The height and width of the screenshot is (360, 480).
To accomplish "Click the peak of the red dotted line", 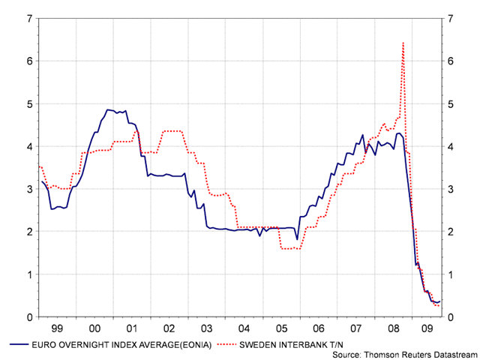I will tap(403, 43).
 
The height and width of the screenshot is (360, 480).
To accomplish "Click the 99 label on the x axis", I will tap(57, 328).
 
